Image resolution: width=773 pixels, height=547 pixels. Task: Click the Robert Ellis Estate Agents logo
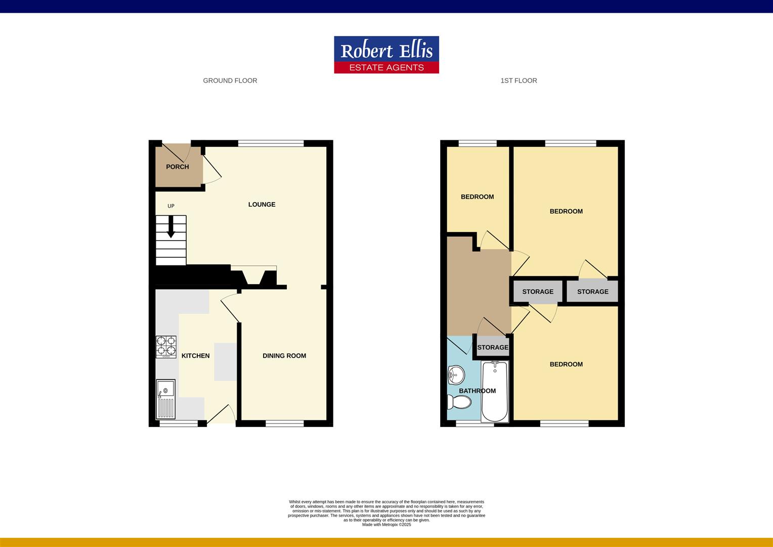coord(386,55)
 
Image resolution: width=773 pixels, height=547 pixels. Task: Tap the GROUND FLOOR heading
coord(230,81)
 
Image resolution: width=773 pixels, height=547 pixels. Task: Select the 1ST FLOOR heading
coord(519,81)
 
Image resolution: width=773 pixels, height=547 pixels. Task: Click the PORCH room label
coord(177,167)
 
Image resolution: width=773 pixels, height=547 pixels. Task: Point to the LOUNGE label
coord(262,205)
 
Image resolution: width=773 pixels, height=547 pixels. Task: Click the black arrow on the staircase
coord(171,226)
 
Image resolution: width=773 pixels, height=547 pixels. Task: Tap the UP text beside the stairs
coord(171,206)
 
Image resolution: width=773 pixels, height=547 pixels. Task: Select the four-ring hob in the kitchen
coord(166,347)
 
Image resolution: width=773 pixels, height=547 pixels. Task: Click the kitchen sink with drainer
coord(165,399)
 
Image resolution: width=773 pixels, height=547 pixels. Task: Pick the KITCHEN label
coord(195,356)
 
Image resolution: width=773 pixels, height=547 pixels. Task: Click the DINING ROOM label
coord(284,356)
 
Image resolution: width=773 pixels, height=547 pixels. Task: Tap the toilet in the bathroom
coord(459,403)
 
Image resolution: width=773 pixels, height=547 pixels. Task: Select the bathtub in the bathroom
coord(495,392)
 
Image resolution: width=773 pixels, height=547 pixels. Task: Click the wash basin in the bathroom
coord(455,375)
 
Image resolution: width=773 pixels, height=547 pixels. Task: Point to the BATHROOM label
coord(477,391)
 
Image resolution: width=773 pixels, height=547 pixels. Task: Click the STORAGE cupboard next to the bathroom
coord(493,347)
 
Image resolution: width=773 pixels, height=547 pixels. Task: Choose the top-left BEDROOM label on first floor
coord(477,197)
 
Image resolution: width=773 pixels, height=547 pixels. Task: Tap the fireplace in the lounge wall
coord(253,277)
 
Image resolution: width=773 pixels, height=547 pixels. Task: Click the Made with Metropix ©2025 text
coord(386,525)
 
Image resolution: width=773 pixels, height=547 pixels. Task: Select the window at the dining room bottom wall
coord(284,423)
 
